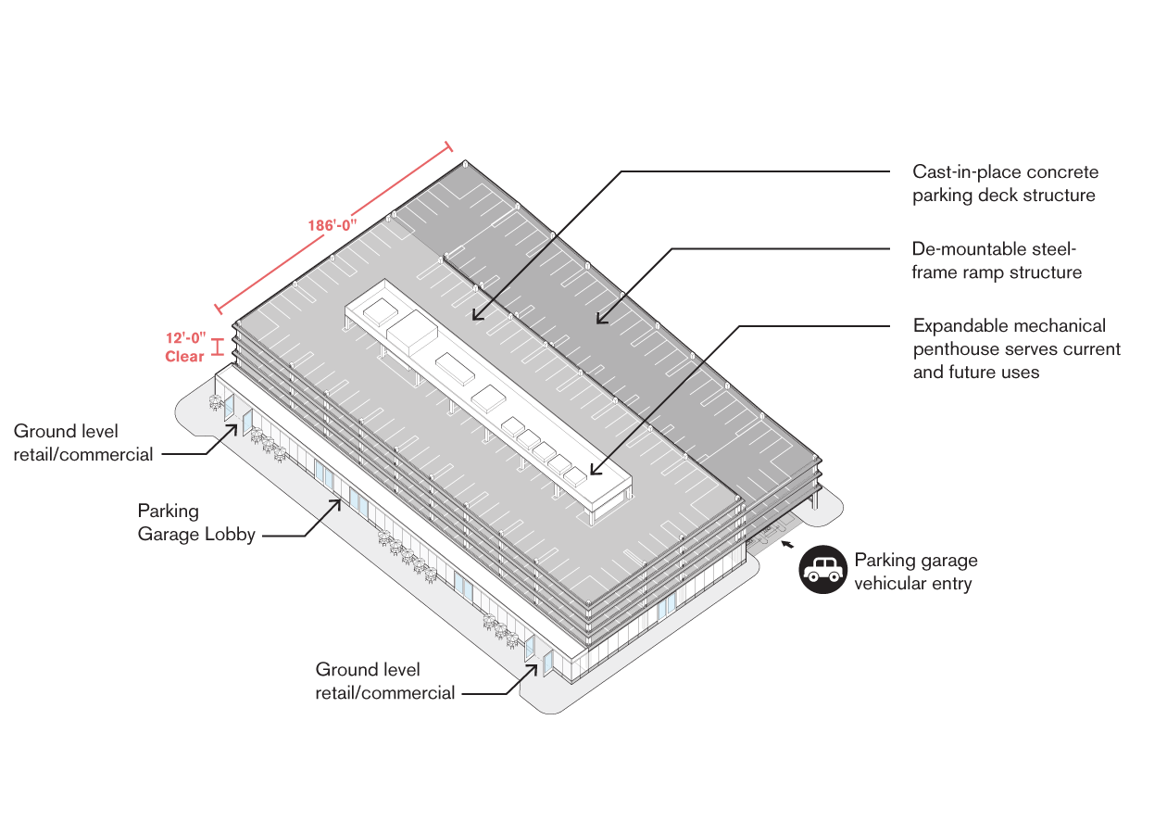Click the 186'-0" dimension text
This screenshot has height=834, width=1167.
[x=332, y=225]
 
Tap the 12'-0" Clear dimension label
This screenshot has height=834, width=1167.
[x=185, y=347]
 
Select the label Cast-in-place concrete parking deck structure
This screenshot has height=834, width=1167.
[x=1005, y=183]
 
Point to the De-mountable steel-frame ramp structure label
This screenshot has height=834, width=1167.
[x=997, y=260]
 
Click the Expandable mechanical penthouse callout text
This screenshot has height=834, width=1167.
[x=1016, y=348]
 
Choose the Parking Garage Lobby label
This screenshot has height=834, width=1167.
[x=196, y=522]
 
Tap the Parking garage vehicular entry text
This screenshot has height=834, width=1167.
[x=915, y=572]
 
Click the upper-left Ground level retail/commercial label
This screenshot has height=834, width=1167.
[x=83, y=443]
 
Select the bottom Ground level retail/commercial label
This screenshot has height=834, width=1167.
[x=385, y=681]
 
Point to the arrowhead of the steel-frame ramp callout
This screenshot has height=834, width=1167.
[x=600, y=320]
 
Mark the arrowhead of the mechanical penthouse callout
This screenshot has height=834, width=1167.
[x=593, y=473]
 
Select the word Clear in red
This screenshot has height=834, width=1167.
[x=184, y=357]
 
